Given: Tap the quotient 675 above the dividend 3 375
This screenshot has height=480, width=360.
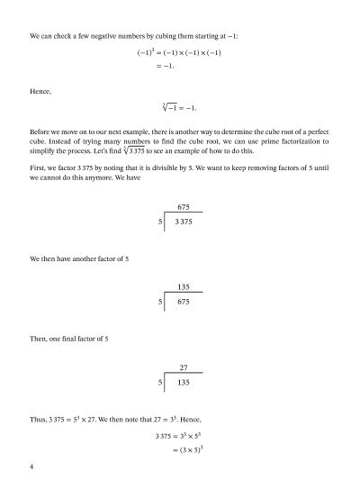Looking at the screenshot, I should click(184, 207).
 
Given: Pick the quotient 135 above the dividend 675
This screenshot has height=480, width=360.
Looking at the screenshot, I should click(184, 286).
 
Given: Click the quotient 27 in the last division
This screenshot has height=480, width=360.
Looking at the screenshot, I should click(184, 367).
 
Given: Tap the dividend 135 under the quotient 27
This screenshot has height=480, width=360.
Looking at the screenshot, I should click(184, 383).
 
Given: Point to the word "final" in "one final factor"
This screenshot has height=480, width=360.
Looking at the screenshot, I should click(75, 339).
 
